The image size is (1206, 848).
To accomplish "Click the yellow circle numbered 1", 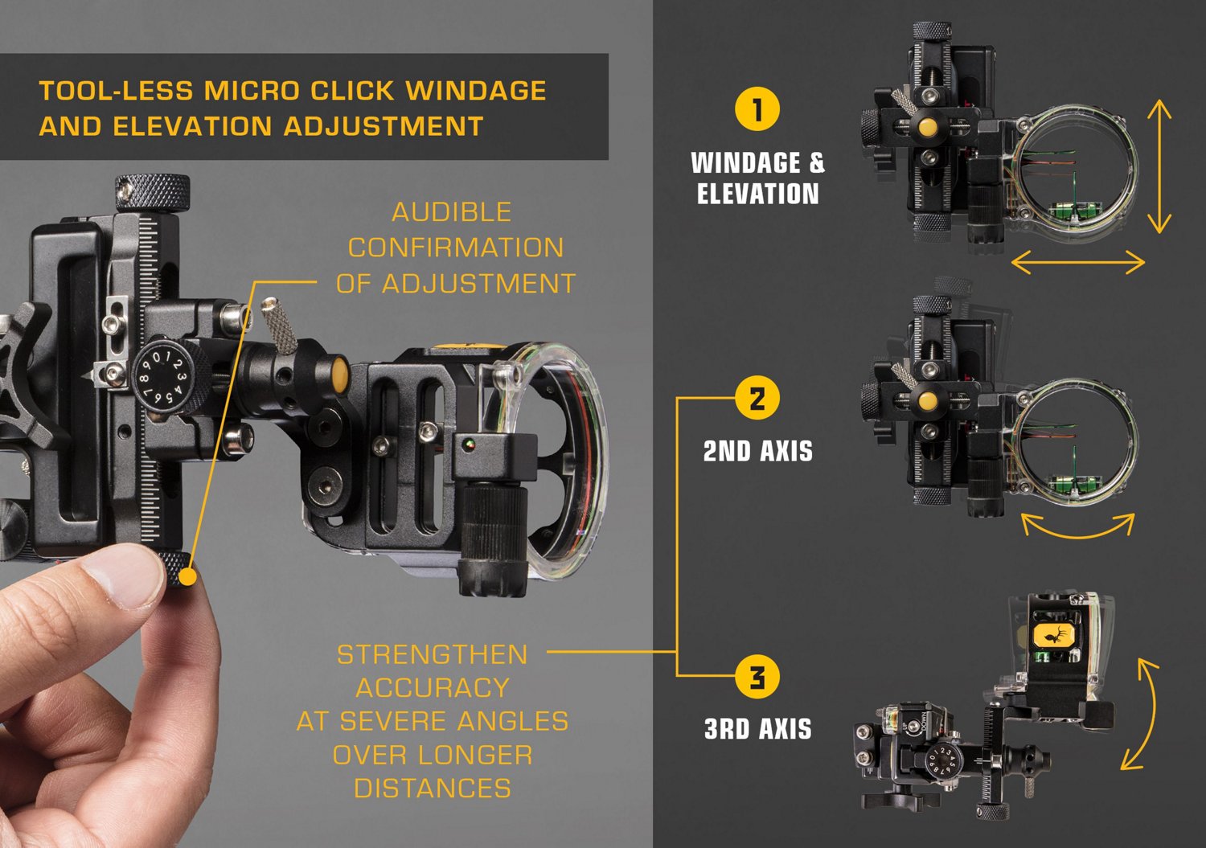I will [757, 109].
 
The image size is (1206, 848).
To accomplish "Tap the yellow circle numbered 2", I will [757, 398].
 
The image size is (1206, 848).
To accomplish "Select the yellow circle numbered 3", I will [757, 677].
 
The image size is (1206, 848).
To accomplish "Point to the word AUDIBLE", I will [451, 212].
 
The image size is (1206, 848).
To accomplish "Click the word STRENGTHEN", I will [432, 655].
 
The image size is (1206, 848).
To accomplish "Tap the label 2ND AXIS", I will [757, 452].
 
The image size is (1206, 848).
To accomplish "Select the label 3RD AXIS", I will [757, 729].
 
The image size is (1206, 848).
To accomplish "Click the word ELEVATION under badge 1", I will [757, 194].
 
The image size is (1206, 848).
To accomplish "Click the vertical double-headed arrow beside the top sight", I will [1159, 166].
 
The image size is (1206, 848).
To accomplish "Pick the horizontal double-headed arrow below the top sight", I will [1077, 262].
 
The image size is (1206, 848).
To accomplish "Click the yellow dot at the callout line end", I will [188, 576].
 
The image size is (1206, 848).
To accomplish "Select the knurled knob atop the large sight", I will [152, 192].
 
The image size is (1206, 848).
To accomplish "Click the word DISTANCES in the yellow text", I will [432, 789].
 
